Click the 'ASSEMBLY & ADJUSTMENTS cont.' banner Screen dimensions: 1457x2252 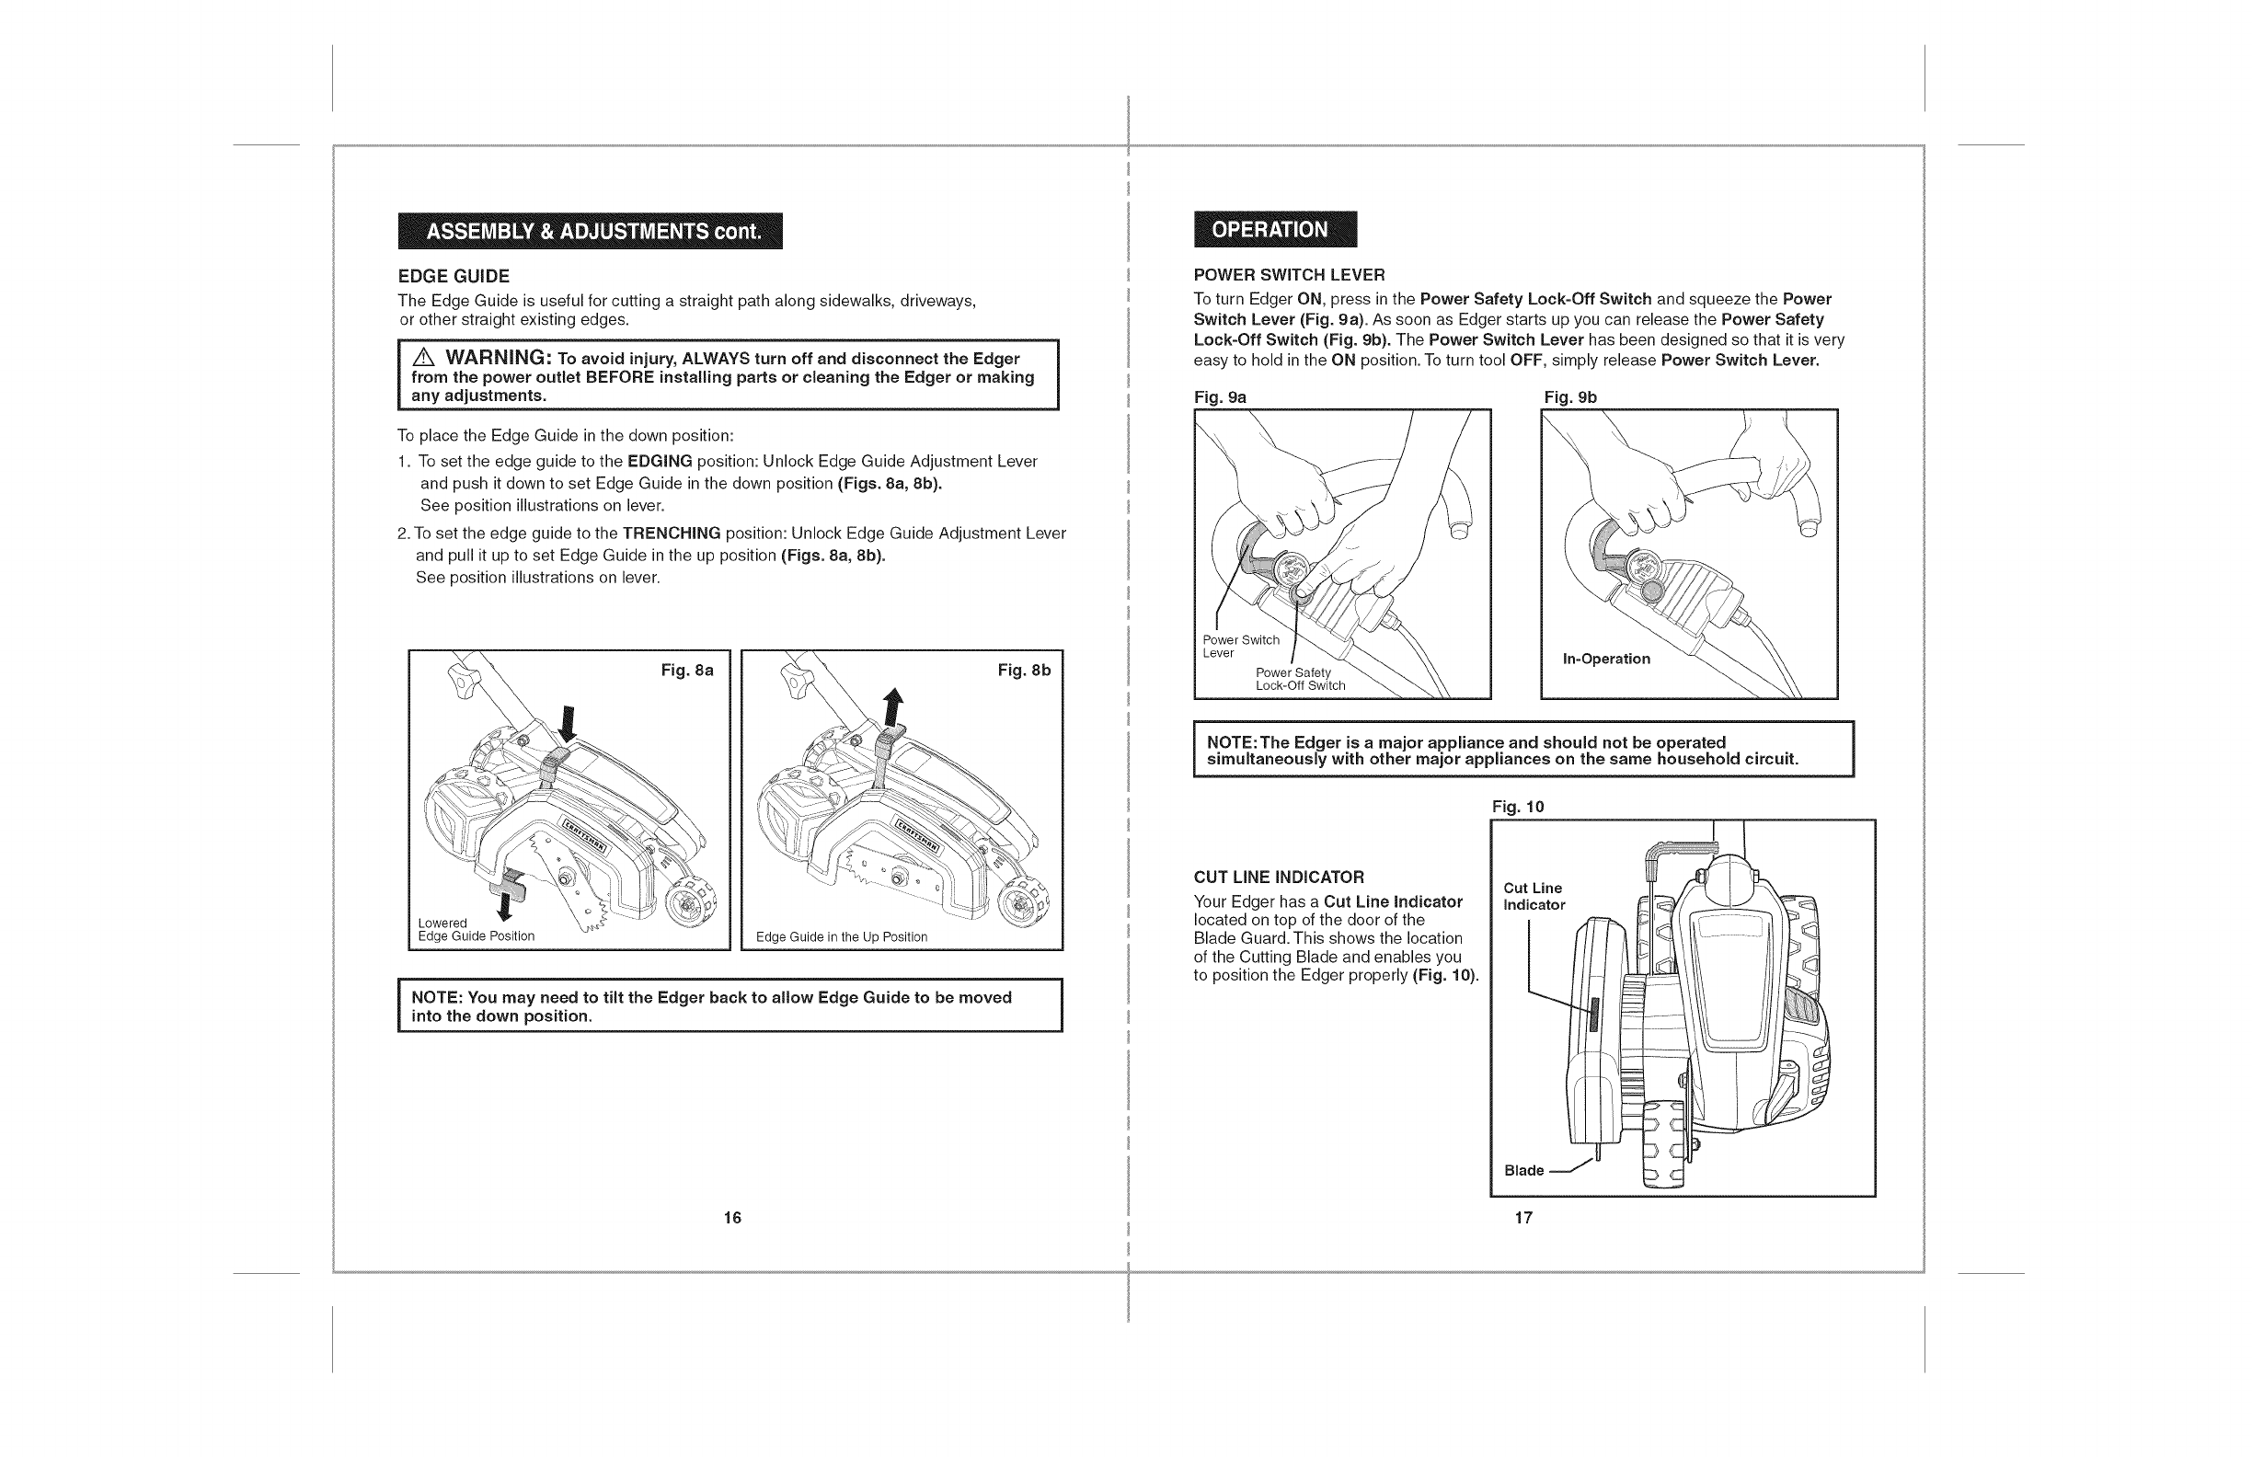coord(591,231)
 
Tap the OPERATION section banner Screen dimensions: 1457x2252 coord(1274,229)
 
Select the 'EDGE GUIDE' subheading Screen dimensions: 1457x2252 coord(454,276)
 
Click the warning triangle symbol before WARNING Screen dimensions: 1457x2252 coord(423,359)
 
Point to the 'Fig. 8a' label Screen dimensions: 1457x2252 coord(687,671)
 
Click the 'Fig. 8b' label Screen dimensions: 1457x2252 coord(1024,671)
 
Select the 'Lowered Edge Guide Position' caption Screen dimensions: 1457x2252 coord(476,929)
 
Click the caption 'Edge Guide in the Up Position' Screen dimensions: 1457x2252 coord(841,936)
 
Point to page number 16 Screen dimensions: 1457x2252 coord(731,1218)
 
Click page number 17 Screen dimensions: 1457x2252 coord(1523,1218)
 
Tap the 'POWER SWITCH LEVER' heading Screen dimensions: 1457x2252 coord(1289,275)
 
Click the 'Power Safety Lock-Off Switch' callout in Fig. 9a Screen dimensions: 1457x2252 coord(1299,680)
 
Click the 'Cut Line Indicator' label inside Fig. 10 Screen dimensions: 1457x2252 coord(1534,896)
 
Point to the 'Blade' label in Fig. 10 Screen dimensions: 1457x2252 coord(1523,1170)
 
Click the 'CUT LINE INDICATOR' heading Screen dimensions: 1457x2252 coord(1279,877)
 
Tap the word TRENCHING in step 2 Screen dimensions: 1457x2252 coord(671,533)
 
